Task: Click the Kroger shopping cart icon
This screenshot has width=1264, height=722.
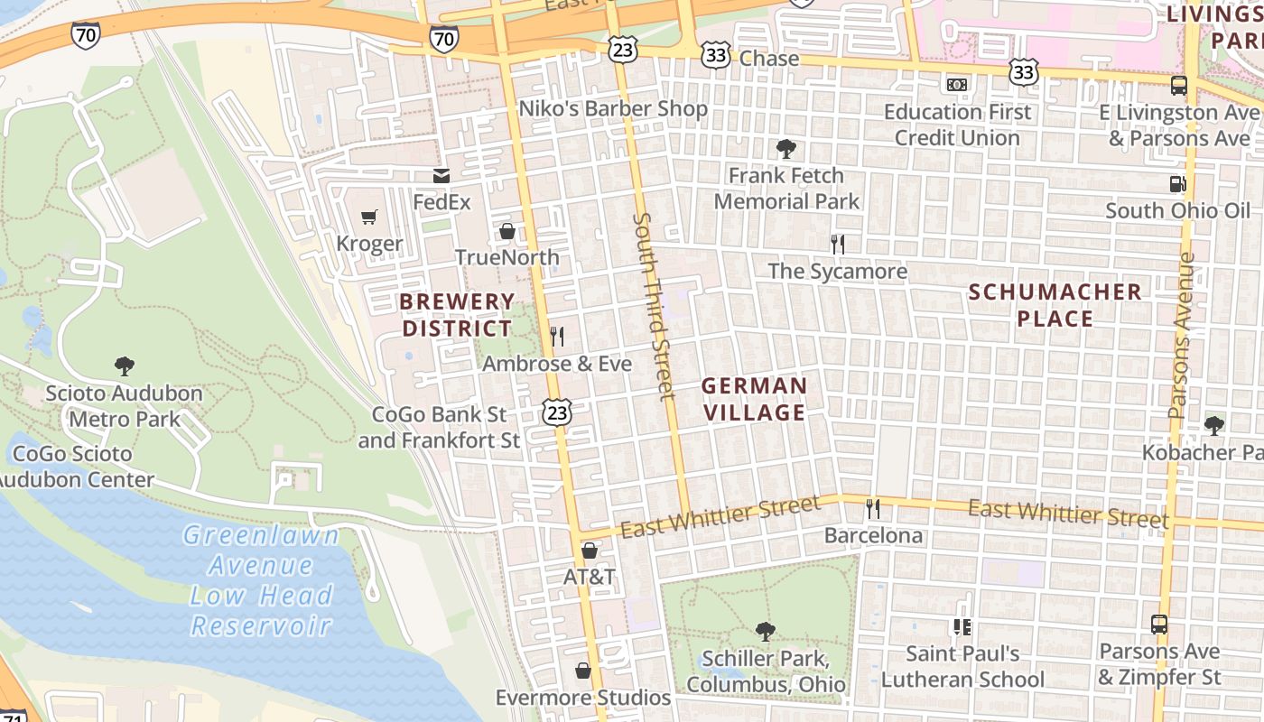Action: [368, 218]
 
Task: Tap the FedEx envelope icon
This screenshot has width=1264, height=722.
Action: [441, 176]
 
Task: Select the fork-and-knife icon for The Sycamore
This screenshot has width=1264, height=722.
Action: [838, 244]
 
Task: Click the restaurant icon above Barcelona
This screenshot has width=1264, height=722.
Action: [872, 509]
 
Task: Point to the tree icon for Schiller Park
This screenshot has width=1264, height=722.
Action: [765, 631]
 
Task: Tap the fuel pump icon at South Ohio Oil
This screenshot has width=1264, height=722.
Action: [1178, 184]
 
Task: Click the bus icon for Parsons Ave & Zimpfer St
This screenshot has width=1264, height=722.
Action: [1159, 625]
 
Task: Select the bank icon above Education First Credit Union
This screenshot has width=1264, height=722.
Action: [957, 85]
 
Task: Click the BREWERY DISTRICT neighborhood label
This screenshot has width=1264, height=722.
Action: [457, 315]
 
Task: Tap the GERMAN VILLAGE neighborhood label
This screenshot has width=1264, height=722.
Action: [754, 399]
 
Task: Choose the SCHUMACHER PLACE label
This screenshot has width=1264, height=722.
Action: [1055, 305]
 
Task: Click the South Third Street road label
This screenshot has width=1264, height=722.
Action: [655, 306]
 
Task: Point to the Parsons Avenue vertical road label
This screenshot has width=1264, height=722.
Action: [1183, 334]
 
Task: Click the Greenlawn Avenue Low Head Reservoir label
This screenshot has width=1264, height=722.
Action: [261, 580]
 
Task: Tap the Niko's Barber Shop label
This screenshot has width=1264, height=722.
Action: [613, 109]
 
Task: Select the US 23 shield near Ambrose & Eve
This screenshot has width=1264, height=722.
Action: [557, 412]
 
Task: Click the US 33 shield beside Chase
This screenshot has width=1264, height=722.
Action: [716, 55]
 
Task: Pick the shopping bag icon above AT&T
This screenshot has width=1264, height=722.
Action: [590, 550]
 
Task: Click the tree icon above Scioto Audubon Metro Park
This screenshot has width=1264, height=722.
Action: [125, 366]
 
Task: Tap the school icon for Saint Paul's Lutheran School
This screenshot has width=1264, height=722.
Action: [962, 625]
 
